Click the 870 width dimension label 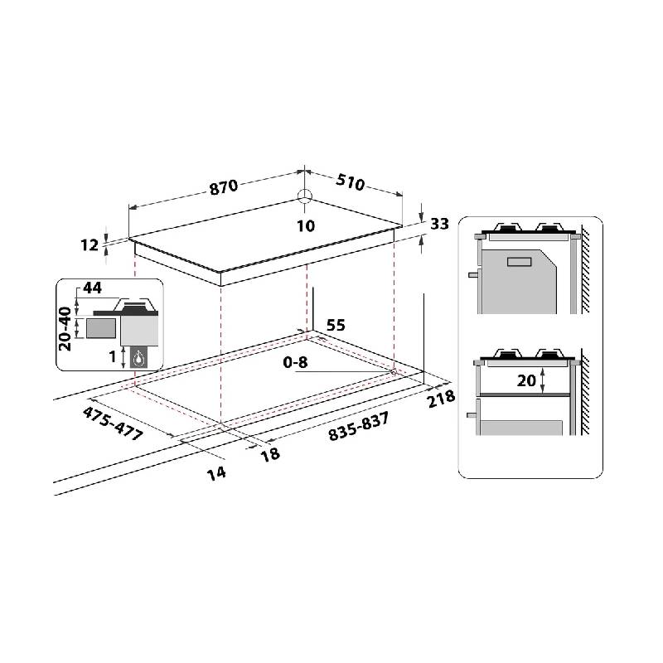click(224, 187)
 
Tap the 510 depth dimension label click(350, 182)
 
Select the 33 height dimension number click(439, 224)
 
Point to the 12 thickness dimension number click(90, 244)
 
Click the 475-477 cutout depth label click(113, 423)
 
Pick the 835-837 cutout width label click(359, 427)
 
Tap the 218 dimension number click(442, 399)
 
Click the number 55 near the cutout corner click(336, 325)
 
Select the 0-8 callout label click(295, 362)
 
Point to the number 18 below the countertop click(271, 453)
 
